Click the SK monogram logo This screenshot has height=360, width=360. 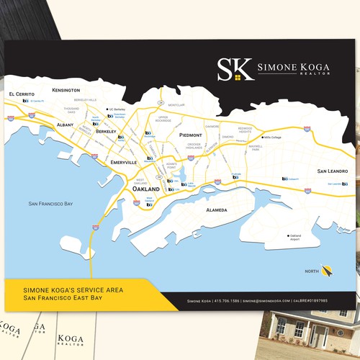235,69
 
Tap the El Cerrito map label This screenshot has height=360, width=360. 20,94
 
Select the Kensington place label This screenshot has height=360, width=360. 66,90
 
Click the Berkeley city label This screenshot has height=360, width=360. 106,132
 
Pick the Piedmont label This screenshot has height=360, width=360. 191,135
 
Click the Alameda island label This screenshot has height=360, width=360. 217,210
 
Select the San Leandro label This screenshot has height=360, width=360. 332,171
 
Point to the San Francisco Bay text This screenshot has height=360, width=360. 50,204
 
